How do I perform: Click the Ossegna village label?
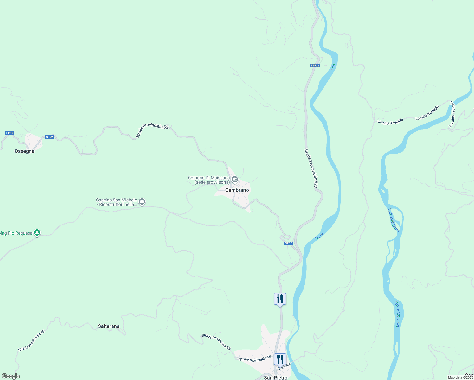24,151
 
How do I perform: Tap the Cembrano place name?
237,190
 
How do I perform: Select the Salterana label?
109,326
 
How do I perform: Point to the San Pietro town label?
276,377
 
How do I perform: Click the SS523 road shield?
315,66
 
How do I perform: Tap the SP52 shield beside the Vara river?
288,243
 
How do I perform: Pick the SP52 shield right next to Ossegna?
49,137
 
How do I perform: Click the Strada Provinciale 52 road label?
152,130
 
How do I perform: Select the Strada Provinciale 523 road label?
311,168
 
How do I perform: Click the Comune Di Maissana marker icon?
235,180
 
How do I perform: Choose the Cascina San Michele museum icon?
142,201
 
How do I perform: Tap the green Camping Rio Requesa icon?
37,233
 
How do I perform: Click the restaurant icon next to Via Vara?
280,359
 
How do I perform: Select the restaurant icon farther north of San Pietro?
280,299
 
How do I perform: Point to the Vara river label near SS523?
332,67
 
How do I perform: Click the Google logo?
10,376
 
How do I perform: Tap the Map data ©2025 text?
460,377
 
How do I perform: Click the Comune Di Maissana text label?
209,180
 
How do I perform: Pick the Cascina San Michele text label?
117,202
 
